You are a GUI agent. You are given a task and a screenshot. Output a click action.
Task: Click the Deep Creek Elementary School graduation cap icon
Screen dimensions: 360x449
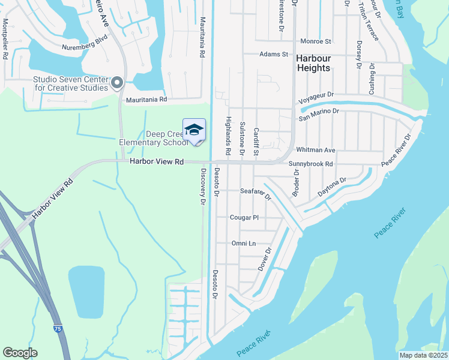coord(194,130)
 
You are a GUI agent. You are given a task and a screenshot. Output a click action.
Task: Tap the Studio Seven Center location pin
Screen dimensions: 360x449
coord(116,82)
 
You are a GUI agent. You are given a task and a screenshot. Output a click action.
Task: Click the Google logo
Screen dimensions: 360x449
coord(20,353)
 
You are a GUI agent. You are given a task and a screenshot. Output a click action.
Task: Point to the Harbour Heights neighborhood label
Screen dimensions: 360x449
coord(313,63)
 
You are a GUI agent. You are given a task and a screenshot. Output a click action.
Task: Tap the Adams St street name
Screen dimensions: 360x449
coord(274,54)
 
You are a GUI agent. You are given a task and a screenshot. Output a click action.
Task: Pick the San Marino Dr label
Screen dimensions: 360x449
coord(319,111)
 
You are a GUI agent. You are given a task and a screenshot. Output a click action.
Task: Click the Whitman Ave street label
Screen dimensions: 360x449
coord(315,149)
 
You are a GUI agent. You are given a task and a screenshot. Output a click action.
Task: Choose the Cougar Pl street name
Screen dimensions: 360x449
coord(244,217)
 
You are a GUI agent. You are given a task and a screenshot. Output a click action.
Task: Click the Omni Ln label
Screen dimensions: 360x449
coord(244,243)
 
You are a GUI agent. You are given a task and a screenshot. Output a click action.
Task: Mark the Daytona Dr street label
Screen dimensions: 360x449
coord(332,188)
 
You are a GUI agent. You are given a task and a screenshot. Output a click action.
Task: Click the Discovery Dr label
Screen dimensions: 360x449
coord(203,187)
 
